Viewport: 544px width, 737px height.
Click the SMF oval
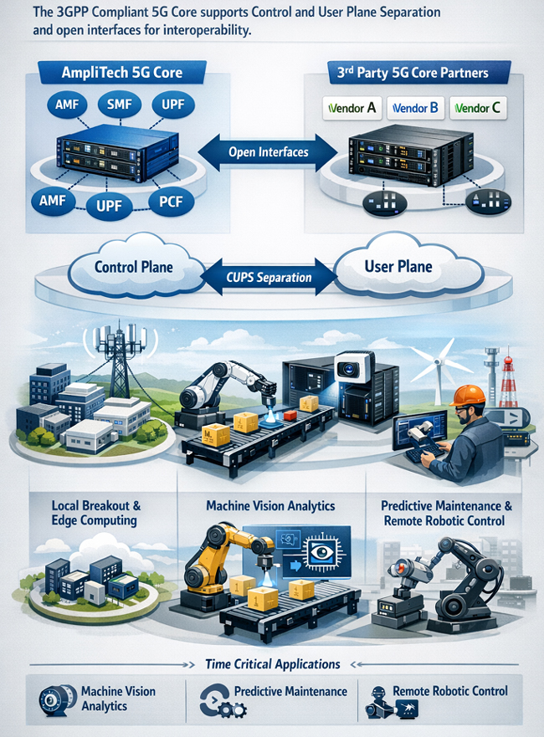click(x=120, y=105)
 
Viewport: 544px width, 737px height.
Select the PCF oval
click(x=171, y=202)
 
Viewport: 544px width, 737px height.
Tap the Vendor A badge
click(x=352, y=108)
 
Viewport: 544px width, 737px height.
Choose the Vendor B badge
click(x=415, y=108)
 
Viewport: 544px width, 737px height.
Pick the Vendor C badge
click(x=478, y=108)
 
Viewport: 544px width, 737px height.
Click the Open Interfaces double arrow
click(x=268, y=152)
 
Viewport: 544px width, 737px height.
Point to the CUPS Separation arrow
click(x=269, y=277)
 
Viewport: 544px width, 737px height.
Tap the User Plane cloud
click(x=405, y=265)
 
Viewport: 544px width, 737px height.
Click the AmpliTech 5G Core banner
click(x=122, y=73)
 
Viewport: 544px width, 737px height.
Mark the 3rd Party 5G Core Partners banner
click(x=413, y=73)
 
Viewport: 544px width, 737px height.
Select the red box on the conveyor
click(x=290, y=416)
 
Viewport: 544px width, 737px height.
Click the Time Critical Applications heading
click(x=273, y=664)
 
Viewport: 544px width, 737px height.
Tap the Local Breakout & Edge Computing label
click(x=95, y=514)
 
